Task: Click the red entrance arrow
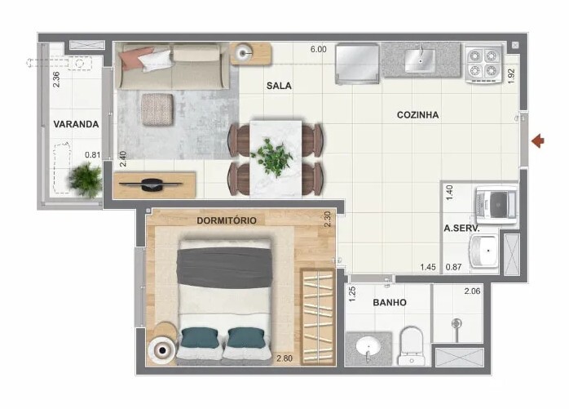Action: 538,141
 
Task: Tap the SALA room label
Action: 279,86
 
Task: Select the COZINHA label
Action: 417,115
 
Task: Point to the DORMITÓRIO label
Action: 227,220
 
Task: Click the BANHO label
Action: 390,303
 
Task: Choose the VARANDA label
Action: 76,124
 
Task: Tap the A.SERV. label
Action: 461,229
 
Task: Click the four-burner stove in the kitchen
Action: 483,63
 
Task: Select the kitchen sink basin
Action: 420,60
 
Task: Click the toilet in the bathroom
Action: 411,345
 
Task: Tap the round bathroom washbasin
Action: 368,346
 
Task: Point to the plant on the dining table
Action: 272,157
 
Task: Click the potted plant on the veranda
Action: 86,180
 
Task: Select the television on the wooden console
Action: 151,184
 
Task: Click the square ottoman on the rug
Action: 157,109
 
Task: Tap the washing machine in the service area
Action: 496,204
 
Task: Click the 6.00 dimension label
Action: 318,50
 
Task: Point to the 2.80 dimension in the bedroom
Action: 284,358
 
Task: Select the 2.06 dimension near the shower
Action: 472,291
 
